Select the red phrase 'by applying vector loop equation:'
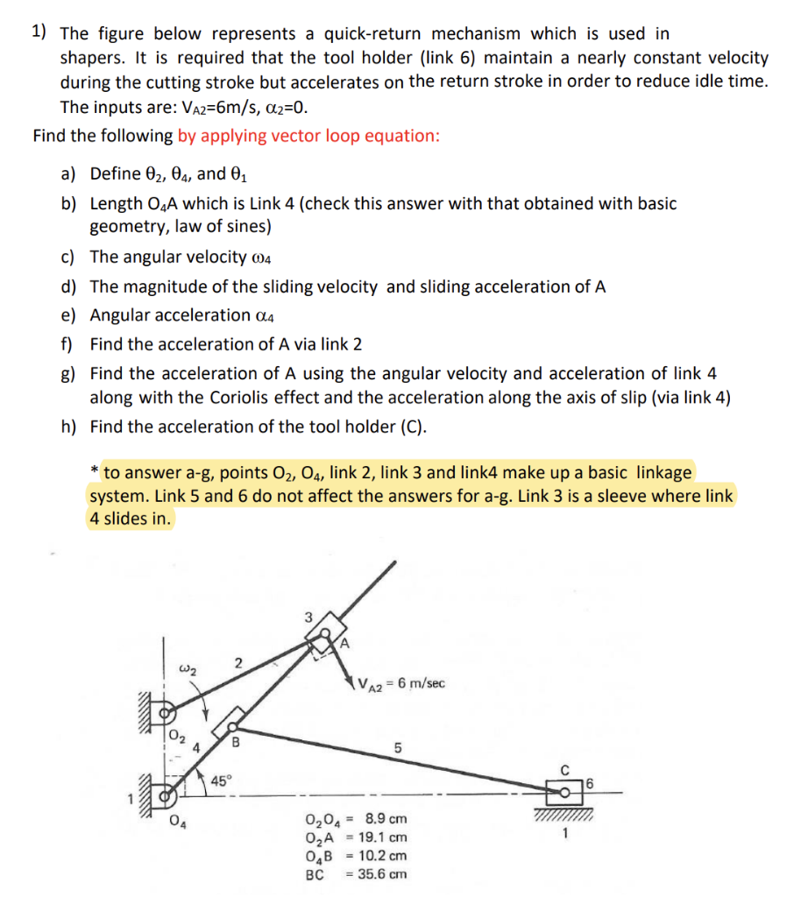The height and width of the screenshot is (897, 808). click(308, 136)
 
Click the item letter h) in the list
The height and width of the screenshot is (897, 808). click(69, 427)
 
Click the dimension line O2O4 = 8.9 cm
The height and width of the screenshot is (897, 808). click(355, 819)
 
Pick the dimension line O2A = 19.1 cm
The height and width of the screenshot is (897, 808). click(355, 837)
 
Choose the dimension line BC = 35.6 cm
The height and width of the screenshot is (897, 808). click(355, 874)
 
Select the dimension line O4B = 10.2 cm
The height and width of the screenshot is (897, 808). click(355, 856)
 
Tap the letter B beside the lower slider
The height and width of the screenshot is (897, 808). click(235, 746)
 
